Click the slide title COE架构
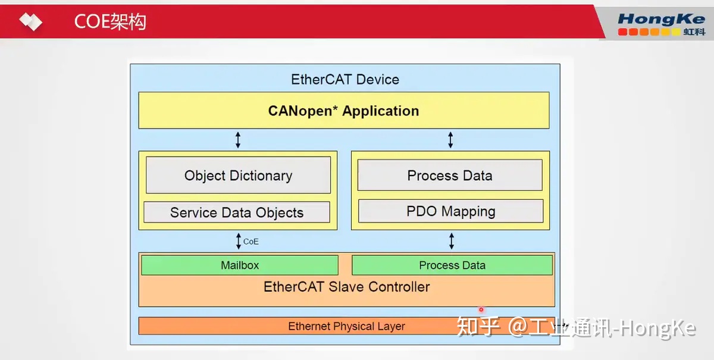tap(110, 22)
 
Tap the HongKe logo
tap(660, 24)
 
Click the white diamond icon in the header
tap(30, 22)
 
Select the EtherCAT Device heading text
tap(345, 80)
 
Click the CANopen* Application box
tap(343, 111)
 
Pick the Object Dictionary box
tap(238, 176)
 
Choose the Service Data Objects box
tap(236, 212)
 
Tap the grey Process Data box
tap(449, 176)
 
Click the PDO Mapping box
tap(450, 211)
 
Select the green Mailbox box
tap(240, 265)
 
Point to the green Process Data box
tap(452, 265)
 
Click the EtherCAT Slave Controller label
tap(346, 287)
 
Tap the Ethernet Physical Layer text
tap(346, 326)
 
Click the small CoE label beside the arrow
tap(251, 242)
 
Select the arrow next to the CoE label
tap(239, 241)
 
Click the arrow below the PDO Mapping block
tap(451, 241)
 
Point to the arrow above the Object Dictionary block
tap(238, 140)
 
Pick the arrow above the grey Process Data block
tap(450, 140)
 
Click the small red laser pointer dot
tap(481, 309)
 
